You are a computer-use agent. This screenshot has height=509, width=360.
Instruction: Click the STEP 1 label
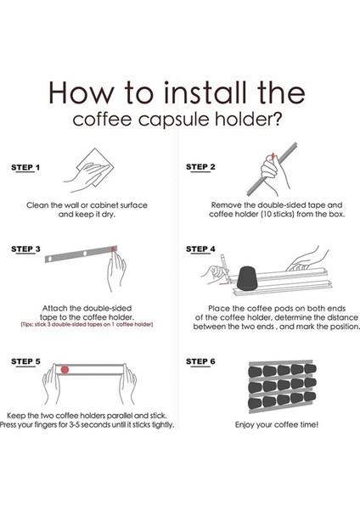point(25,167)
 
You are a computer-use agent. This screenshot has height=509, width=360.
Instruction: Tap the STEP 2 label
point(200,167)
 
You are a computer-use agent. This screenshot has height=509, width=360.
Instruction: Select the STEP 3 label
point(25,249)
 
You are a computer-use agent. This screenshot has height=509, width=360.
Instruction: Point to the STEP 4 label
point(200,249)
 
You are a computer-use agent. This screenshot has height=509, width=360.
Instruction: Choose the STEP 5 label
point(25,361)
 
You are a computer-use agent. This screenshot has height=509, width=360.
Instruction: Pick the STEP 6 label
point(200,361)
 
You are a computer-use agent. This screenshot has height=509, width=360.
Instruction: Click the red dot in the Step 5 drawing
point(65,369)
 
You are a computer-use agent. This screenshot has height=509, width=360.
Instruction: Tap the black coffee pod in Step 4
point(247,278)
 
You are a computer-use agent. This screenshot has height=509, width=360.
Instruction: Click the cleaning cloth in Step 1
point(96,167)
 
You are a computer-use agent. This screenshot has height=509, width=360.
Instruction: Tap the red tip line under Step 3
point(87,324)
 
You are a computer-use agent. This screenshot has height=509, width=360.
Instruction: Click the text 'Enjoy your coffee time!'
point(277,425)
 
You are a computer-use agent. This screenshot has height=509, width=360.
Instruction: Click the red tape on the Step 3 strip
point(113,249)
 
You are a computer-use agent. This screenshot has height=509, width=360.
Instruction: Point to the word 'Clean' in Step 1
point(37,205)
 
